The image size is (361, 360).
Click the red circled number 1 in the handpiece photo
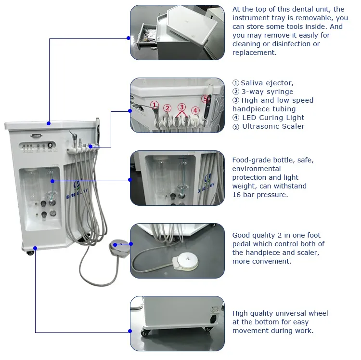(x=154, y=104)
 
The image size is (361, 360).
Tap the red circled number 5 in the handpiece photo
(x=206, y=99)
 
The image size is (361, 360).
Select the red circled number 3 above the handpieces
(x=181, y=107)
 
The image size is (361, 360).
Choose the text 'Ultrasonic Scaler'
(x=273, y=126)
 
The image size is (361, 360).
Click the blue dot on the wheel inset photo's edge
(x=130, y=331)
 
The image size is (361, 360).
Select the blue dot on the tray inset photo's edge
(x=129, y=38)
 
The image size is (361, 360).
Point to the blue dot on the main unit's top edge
(x=49, y=123)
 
